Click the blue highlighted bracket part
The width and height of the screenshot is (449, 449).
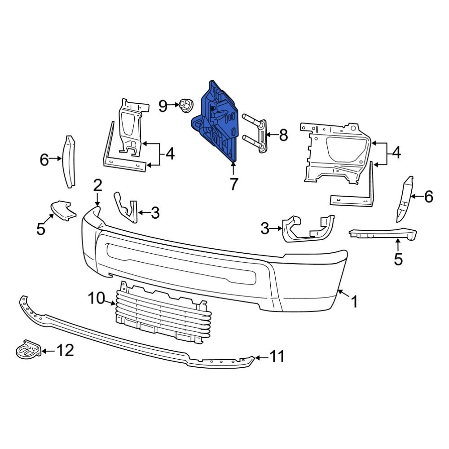tap(216, 121)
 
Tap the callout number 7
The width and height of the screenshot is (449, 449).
tap(233, 184)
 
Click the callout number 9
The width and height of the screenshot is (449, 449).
tap(163, 106)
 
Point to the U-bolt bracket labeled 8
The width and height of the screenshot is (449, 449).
tap(256, 134)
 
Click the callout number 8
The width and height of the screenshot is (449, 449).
tap(283, 135)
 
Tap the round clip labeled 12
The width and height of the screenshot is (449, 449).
tap(29, 350)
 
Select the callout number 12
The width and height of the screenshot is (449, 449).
tap(64, 350)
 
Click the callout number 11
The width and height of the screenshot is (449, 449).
tap(277, 357)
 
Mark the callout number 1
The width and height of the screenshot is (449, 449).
tap(354, 302)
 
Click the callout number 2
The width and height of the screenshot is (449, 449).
tap(97, 185)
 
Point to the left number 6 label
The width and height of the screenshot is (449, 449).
tap(44, 159)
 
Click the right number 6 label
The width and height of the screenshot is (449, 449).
tap(428, 196)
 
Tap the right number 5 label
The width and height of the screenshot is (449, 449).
tap(398, 259)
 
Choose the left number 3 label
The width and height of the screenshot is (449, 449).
tap(155, 213)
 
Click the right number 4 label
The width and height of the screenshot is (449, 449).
tap(396, 154)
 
